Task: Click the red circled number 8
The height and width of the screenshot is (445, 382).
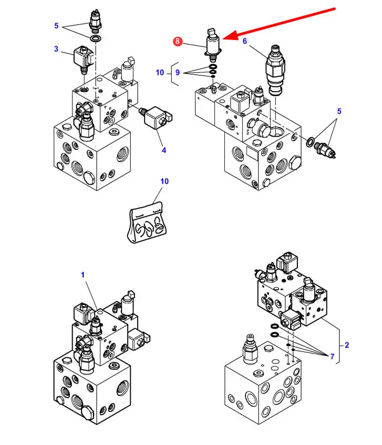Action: [x=178, y=41]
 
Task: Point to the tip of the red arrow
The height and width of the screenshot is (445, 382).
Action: [x=223, y=38]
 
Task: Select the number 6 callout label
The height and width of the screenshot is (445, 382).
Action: [x=245, y=41]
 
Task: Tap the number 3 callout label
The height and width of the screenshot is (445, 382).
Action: [x=56, y=49]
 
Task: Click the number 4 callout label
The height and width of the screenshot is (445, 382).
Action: [x=164, y=150]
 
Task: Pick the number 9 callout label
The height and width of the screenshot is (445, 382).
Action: [x=178, y=73]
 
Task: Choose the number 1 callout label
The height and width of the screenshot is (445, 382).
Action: [x=83, y=275]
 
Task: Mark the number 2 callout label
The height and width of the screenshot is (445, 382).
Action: [x=347, y=345]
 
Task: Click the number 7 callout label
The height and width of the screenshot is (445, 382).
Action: [x=332, y=356]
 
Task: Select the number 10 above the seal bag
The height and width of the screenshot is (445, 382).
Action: [x=164, y=181]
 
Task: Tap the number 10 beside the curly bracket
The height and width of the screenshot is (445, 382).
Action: [x=160, y=73]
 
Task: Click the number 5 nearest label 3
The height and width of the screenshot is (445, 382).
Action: [x=56, y=26]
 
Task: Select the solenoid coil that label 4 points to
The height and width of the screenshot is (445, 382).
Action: [x=156, y=117]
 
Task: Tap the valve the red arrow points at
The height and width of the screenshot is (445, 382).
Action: [x=213, y=45]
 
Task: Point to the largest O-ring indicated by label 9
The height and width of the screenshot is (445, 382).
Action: [x=213, y=67]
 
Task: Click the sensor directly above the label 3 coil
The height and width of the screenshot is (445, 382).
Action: [x=96, y=20]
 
